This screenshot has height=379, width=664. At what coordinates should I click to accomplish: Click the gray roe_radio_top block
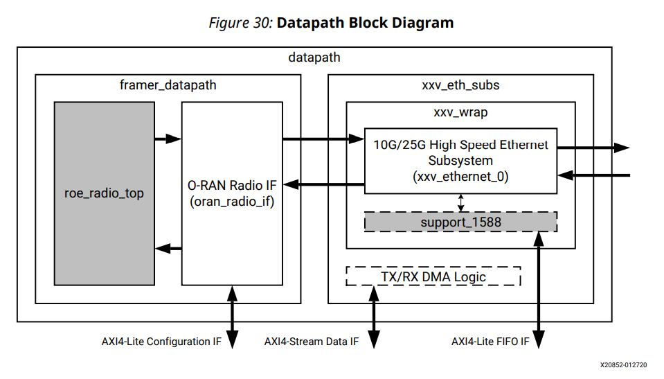105,193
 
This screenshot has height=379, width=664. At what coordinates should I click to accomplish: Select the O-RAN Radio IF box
232,193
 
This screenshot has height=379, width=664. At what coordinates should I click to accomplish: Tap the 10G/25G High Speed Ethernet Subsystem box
460,161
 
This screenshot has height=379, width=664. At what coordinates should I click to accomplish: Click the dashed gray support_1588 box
460,222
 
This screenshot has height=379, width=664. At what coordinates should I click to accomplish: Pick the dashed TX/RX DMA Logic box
433,276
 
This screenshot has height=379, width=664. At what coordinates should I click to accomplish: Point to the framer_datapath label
168,85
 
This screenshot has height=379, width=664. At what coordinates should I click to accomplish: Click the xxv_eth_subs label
460,85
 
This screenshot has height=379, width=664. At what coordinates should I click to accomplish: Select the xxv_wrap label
460,112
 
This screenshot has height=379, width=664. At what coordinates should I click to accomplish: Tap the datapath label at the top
314,58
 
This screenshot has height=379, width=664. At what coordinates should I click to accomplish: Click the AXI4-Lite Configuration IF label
161,342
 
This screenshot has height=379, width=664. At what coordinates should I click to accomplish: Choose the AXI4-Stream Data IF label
312,342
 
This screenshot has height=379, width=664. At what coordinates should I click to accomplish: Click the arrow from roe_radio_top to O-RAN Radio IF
168,139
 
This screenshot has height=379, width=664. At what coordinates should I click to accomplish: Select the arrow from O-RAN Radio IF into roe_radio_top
168,248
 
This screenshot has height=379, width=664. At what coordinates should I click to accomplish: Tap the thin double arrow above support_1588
461,202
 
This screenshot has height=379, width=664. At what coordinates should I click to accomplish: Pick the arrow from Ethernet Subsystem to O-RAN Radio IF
323,184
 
